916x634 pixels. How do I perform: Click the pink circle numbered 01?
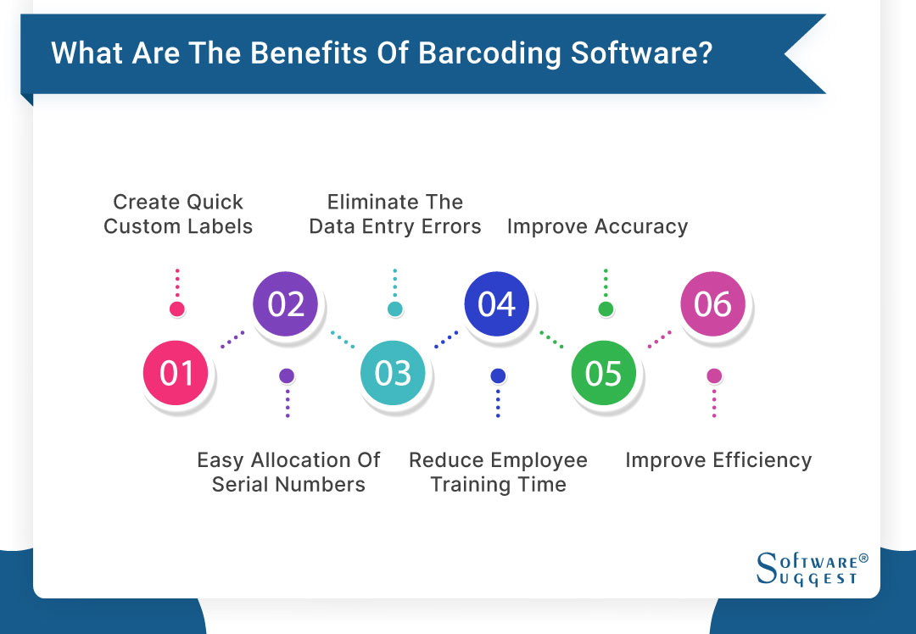coord(176,373)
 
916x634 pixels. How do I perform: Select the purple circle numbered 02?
coord(286,303)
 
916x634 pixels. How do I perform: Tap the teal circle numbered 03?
coord(393,373)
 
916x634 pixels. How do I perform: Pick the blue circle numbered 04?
coord(497,303)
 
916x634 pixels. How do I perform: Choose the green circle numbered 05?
coord(603,373)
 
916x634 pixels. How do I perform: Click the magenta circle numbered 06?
coord(712,303)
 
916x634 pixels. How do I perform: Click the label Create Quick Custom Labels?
coord(178,214)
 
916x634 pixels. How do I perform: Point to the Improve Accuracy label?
coord(597,226)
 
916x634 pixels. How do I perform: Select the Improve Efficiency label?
coord(718,460)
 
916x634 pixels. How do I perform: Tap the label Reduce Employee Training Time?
coord(498,472)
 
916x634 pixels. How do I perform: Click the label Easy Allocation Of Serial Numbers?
coord(288,472)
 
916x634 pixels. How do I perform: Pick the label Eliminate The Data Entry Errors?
coord(395,214)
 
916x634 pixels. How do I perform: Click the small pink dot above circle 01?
coord(176,309)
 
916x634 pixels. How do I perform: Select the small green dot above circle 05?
coord(606,309)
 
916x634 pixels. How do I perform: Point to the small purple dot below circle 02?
coord(287,375)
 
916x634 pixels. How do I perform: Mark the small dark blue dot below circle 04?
coord(498,375)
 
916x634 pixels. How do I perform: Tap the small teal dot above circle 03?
coord(394,309)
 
